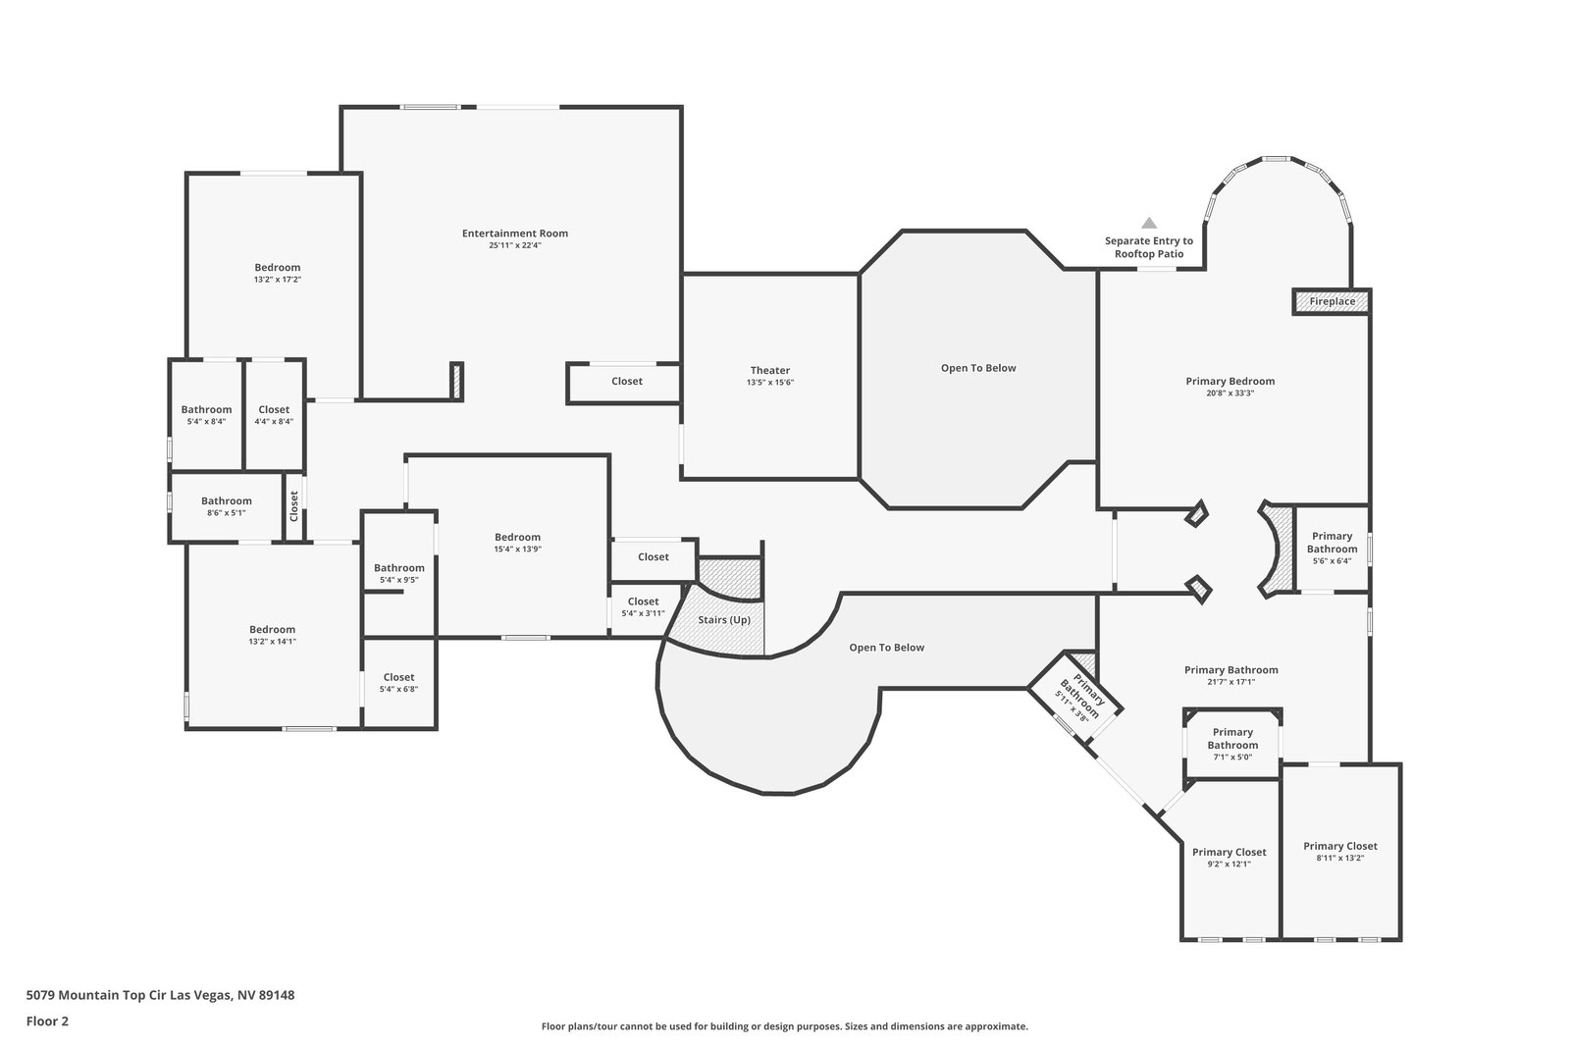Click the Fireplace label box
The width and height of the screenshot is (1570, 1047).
click(1332, 301)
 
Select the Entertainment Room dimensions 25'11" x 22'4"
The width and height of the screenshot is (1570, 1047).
click(514, 245)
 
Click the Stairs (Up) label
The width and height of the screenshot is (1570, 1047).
click(724, 620)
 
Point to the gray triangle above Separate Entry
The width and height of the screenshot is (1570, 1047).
click(1149, 224)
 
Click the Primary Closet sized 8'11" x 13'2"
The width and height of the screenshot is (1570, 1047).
click(1340, 852)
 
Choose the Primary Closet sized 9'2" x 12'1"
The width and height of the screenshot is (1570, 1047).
click(1230, 858)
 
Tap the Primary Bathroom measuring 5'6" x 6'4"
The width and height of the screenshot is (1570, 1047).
click(1332, 548)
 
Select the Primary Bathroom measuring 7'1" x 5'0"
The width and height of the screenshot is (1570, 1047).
click(1232, 744)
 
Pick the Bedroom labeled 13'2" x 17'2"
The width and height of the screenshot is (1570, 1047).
click(278, 273)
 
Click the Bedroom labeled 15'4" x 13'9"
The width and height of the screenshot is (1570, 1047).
click(517, 543)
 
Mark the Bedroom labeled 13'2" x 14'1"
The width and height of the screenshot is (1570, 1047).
click(272, 635)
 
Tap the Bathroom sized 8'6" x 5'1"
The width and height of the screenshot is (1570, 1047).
click(226, 506)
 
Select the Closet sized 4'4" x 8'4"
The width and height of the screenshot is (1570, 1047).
click(274, 415)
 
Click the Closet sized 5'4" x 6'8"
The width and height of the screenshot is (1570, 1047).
click(398, 683)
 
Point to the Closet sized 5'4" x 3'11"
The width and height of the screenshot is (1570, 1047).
click(643, 606)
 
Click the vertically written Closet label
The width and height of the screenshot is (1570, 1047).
click(294, 506)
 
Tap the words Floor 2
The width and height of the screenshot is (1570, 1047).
click(48, 1021)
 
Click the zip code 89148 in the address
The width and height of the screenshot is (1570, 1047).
click(277, 995)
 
